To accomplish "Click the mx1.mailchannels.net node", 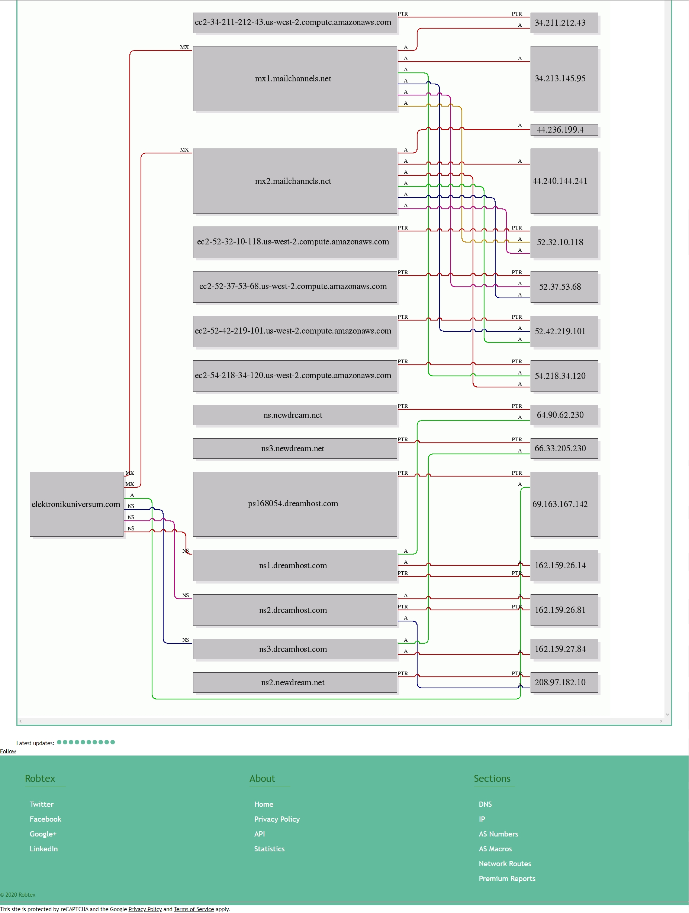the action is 295,78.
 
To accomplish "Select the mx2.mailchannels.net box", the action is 295,181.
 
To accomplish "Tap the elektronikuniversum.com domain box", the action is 77,504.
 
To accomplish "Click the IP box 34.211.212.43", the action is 564,23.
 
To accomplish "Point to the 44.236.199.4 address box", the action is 564,130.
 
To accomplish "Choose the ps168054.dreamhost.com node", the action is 295,504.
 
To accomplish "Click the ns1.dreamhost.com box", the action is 295,565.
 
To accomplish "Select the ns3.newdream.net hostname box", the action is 295,448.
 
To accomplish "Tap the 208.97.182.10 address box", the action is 564,682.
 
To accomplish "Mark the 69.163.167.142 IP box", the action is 564,504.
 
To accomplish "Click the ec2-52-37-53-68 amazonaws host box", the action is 295,287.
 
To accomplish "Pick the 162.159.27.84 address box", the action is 564,649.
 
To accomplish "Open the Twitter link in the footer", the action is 42,804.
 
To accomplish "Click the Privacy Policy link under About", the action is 277,819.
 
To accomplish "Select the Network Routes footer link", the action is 505,864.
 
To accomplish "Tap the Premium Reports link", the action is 507,878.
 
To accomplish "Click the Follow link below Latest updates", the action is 8,751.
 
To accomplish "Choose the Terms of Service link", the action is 194,909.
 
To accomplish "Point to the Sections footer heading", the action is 492,779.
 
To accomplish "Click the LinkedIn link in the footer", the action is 44,849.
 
